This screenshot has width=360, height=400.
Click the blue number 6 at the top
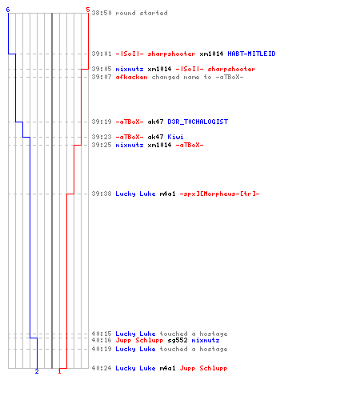pos(8,10)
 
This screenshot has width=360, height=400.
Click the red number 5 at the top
pos(88,10)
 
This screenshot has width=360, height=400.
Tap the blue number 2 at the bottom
pos(37,371)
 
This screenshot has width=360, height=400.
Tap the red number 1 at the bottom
pos(59,371)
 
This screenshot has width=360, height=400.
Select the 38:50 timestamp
pos(102,13)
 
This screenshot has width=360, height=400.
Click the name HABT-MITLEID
pos(251,54)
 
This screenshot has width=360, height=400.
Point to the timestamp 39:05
pos(102,69)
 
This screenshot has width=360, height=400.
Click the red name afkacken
pos(131,77)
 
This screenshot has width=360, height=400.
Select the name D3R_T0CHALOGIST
pos(198,122)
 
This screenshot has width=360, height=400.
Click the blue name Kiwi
pos(175,137)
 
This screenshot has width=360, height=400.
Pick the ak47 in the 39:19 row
pos(155,122)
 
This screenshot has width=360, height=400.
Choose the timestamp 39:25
pos(102,145)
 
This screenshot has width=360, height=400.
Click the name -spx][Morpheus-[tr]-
pos(219,194)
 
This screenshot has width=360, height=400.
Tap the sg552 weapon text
pos(178,340)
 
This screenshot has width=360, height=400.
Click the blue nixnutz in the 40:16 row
pos(206,340)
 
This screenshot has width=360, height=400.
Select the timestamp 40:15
pos(102,334)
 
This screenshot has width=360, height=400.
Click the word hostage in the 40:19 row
pos(214,349)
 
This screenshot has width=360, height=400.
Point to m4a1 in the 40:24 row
pos(167,368)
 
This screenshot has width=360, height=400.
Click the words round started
pos(142,13)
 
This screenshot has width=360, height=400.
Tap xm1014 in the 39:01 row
pos(211,54)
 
